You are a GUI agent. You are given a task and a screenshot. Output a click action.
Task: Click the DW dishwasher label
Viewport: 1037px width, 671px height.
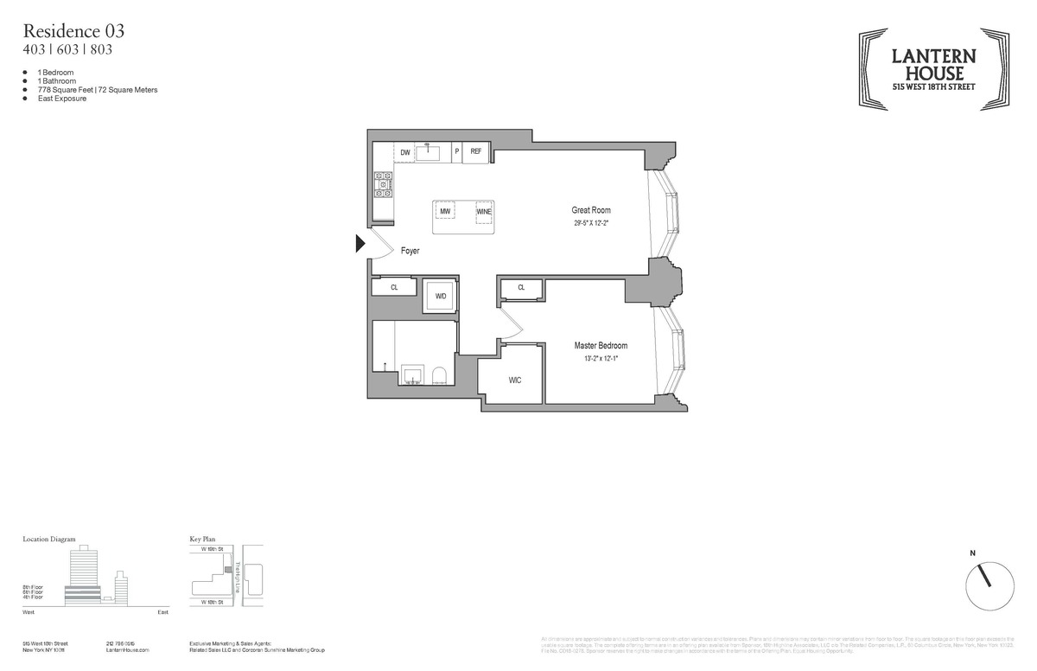coord(404,153)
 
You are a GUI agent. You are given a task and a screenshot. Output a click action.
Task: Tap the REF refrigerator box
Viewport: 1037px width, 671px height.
coord(475,152)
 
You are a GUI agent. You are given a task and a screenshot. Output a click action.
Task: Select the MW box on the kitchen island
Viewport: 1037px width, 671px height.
coord(445,211)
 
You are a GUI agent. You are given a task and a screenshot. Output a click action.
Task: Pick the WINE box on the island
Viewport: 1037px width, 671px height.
coord(484,211)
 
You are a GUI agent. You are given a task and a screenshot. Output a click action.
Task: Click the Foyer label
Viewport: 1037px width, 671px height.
coord(410,251)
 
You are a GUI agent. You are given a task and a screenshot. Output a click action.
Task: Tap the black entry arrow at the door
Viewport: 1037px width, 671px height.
coord(361,245)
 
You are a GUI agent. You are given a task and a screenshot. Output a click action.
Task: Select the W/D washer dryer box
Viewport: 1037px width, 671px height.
coord(441,296)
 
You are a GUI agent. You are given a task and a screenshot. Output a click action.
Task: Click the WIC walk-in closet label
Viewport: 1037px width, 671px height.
coord(514,380)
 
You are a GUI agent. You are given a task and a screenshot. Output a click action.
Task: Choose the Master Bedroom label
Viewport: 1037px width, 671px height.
coord(601,346)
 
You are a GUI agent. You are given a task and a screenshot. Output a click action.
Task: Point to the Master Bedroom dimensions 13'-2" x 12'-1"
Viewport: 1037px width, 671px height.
coord(601,358)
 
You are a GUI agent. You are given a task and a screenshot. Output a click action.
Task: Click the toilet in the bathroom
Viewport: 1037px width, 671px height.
coord(438,375)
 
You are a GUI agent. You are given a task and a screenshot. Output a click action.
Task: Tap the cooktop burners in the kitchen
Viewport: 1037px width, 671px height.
coord(383,184)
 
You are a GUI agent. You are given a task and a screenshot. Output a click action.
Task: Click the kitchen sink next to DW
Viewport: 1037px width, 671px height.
coord(429,153)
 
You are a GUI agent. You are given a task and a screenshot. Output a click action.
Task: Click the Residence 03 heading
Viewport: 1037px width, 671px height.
coord(73,31)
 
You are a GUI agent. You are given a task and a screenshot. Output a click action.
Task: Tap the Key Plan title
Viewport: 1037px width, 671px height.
coord(202,539)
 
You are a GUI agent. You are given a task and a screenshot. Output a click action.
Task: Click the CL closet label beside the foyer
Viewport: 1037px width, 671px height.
coord(394,287)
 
